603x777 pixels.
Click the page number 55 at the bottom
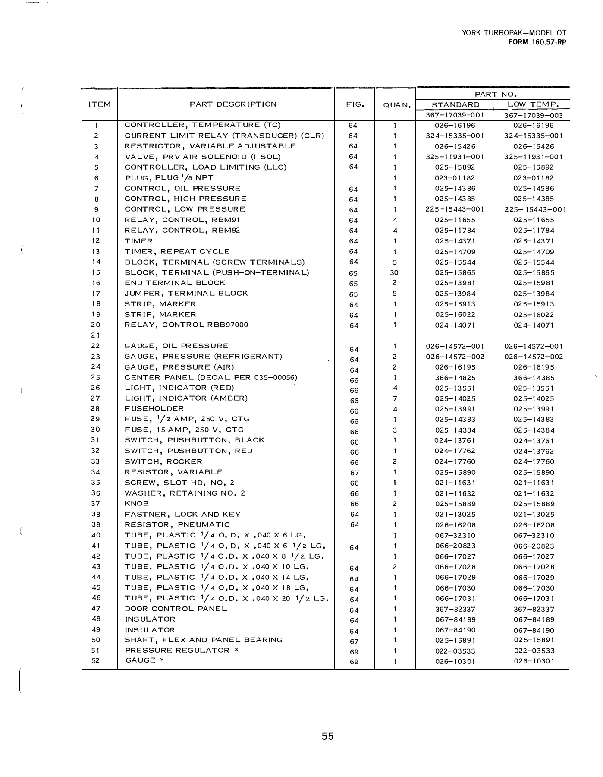(x=327, y=736)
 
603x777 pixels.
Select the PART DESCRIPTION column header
(x=233, y=104)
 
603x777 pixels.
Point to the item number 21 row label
(x=96, y=335)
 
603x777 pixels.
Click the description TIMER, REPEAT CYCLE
(x=177, y=251)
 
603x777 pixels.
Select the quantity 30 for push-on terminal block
(x=394, y=273)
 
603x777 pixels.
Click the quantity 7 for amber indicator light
(x=395, y=399)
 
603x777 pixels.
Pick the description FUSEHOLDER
(x=154, y=408)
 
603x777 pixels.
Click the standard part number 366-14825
(x=455, y=378)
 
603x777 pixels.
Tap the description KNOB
(x=136, y=503)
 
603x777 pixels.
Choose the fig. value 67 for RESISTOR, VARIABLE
(x=354, y=473)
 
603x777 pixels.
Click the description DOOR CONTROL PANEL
(x=176, y=609)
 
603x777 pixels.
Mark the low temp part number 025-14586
(x=534, y=189)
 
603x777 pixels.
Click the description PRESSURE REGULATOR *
(x=181, y=650)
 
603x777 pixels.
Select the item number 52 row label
(x=96, y=660)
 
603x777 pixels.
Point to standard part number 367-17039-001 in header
(x=455, y=115)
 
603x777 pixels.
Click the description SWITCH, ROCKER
(x=163, y=461)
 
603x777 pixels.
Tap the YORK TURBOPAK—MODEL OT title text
(x=514, y=33)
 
